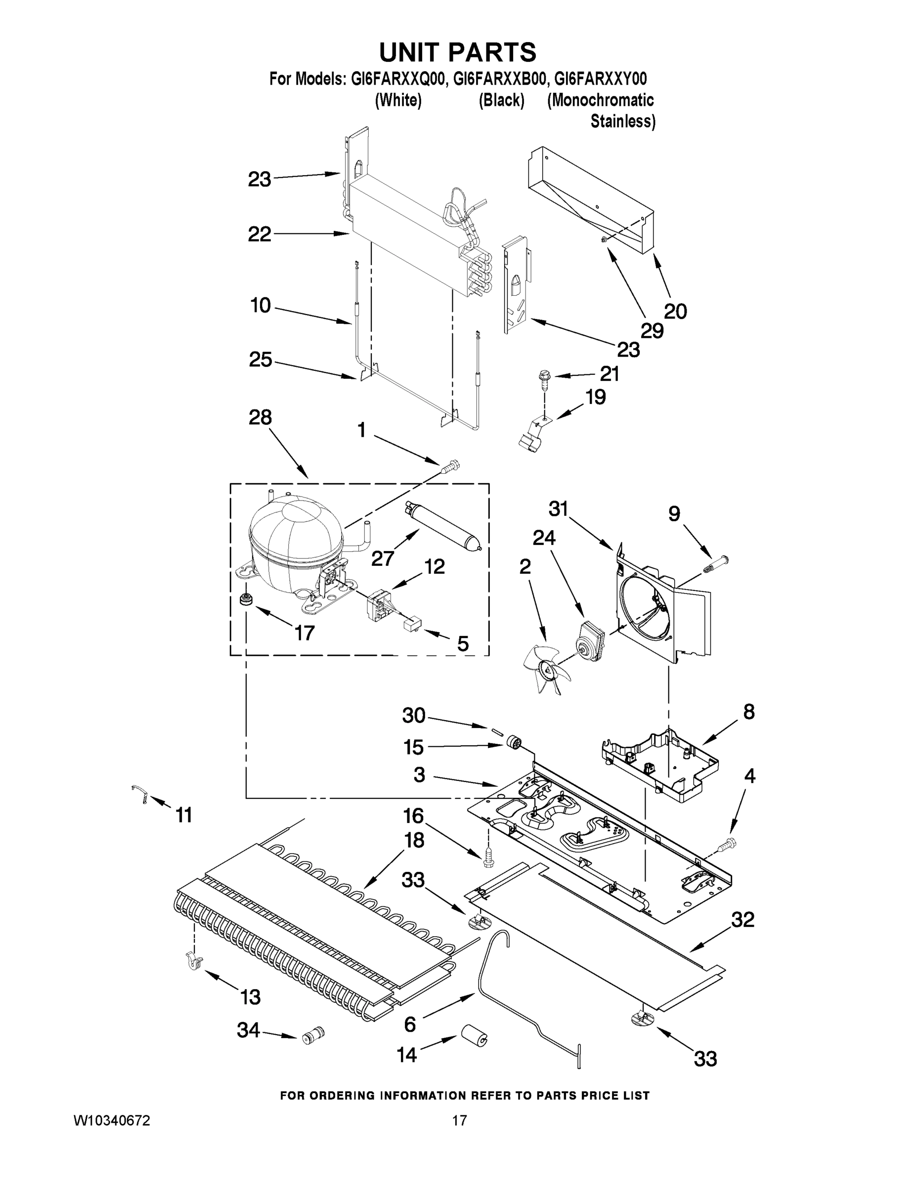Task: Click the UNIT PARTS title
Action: pos(457,53)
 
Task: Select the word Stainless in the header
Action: pos(622,121)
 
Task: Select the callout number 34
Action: pos(248,1029)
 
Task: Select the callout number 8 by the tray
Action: pos(748,711)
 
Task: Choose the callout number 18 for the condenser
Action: pos(414,840)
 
